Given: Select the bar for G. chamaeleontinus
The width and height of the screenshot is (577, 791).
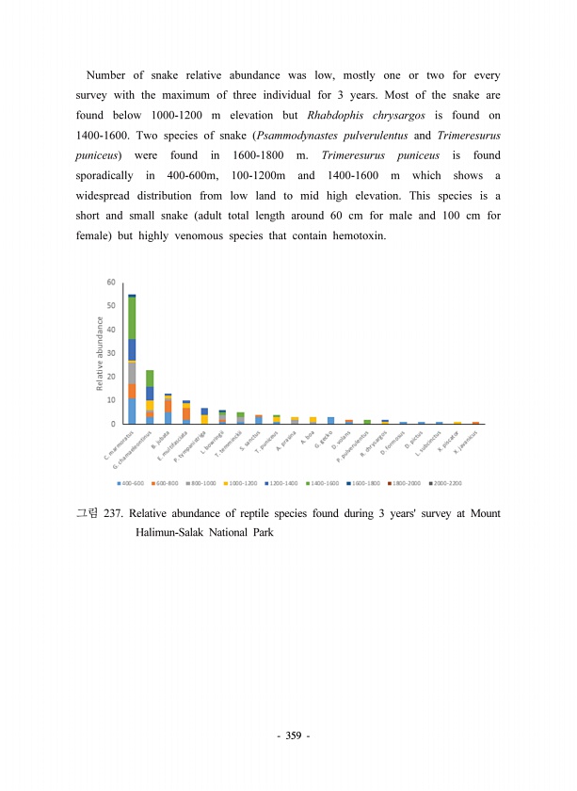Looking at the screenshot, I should [x=150, y=396].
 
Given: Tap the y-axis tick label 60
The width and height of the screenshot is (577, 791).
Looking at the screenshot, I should [x=111, y=282].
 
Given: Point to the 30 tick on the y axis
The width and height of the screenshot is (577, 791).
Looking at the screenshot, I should [x=111, y=353].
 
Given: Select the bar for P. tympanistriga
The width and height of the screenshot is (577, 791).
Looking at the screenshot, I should [x=204, y=415].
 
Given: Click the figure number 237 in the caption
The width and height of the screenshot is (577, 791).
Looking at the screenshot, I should [x=111, y=514].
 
